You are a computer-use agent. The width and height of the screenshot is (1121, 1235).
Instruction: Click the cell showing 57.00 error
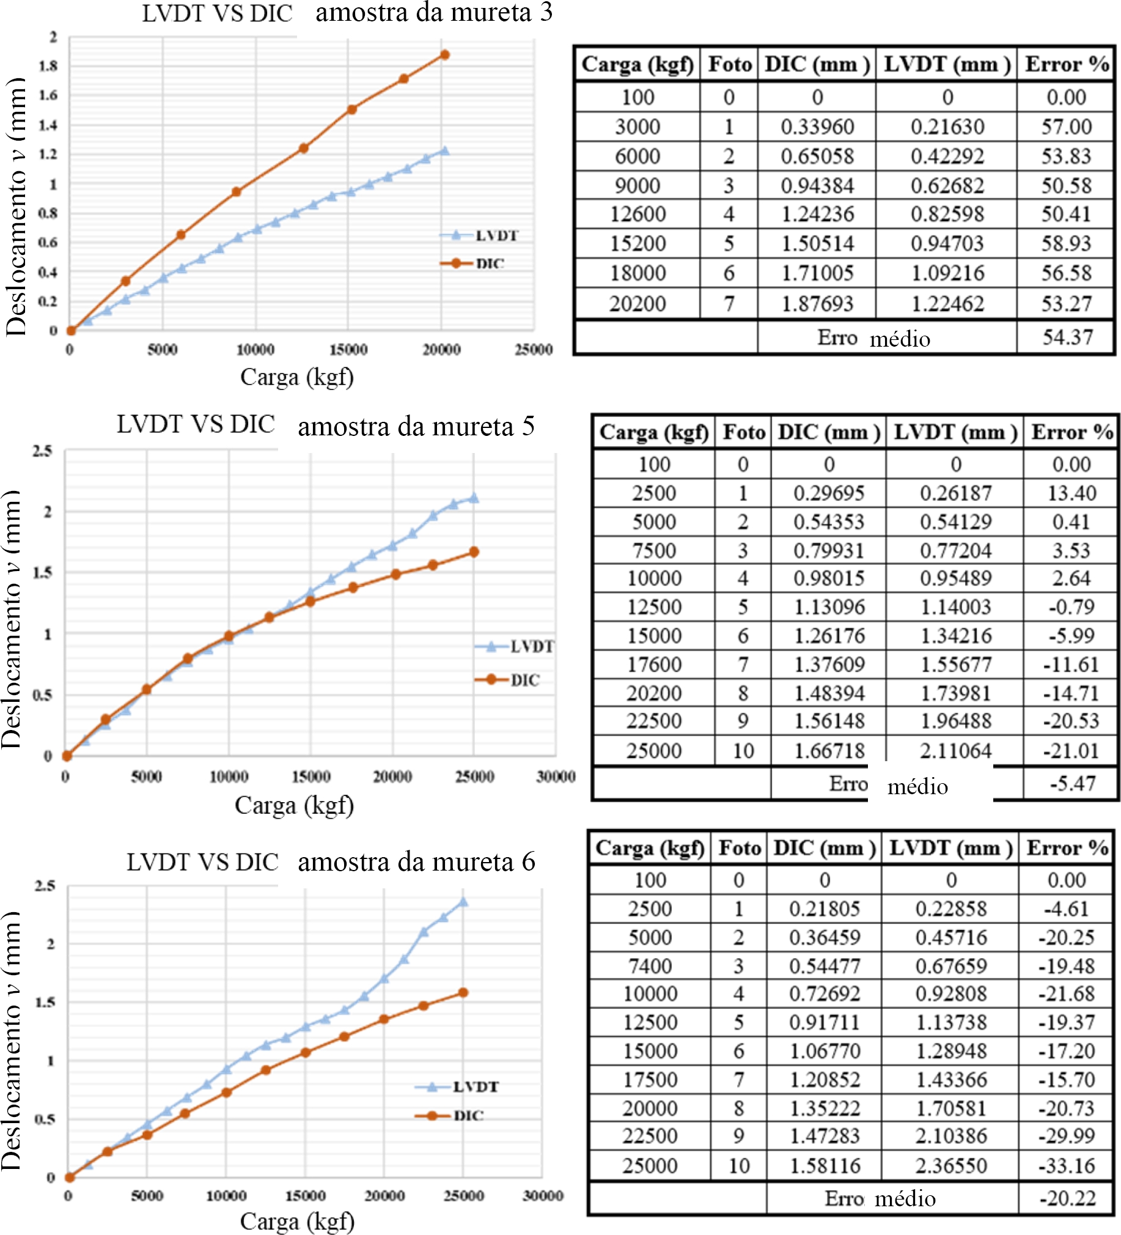[1067, 127]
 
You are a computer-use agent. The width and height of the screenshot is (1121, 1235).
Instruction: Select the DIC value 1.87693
[817, 304]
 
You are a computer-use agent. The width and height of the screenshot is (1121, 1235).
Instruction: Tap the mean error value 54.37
[1067, 337]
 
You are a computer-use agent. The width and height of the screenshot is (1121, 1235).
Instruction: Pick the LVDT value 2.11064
[955, 750]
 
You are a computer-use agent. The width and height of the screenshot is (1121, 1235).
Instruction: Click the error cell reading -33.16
[1066, 1166]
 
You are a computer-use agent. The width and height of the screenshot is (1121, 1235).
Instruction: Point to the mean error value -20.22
[1067, 1198]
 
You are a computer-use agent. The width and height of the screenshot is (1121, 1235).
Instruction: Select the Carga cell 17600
[653, 665]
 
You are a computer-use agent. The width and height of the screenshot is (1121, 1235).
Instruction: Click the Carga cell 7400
[650, 966]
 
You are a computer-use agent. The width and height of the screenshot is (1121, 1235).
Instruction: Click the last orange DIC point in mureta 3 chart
[445, 55]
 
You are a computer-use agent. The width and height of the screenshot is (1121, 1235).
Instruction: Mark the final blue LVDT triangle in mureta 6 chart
[463, 902]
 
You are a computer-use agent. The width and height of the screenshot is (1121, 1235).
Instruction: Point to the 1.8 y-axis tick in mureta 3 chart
[48, 66]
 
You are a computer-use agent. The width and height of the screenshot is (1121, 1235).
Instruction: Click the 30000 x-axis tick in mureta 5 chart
[556, 777]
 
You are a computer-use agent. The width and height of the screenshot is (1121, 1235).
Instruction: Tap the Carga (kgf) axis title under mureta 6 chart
[297, 1222]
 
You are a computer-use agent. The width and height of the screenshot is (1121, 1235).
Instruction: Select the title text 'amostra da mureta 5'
[416, 426]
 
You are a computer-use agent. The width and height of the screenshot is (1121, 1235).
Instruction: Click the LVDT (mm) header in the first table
[946, 64]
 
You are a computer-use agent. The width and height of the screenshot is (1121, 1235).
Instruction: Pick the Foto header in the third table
[740, 848]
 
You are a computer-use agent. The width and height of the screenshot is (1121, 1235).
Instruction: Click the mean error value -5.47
[1072, 784]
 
